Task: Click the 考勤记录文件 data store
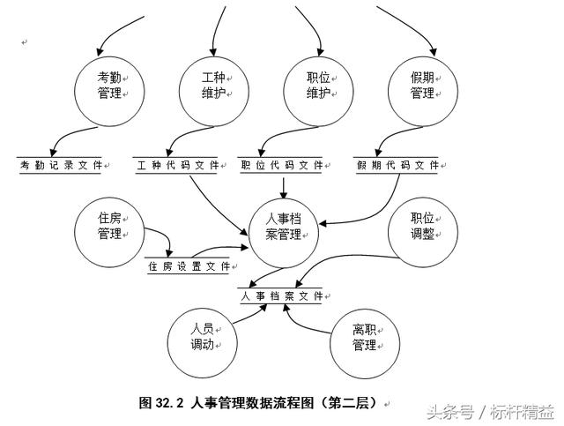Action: tap(60, 164)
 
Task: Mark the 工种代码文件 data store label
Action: tap(177, 164)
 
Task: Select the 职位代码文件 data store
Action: tap(282, 164)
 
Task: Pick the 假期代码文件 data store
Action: tap(398, 164)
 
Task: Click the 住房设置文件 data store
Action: tap(189, 265)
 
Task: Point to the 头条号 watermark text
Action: tap(450, 411)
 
